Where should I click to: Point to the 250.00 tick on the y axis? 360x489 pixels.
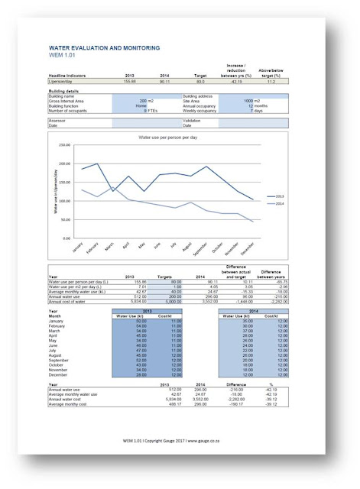tap(63, 144)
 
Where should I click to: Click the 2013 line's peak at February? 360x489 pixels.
tap(97, 164)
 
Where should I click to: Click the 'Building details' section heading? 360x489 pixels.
tap(65, 90)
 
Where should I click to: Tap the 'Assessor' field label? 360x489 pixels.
tap(58, 121)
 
